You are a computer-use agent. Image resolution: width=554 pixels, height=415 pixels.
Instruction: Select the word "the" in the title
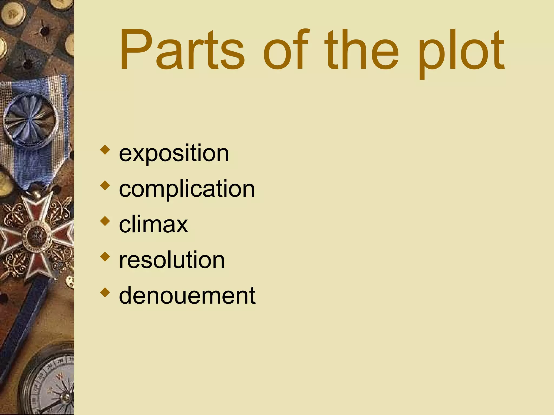tap(361, 50)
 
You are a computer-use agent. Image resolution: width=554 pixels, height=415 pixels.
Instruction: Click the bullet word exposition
tap(174, 153)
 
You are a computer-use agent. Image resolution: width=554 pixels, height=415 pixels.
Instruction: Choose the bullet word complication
tap(187, 189)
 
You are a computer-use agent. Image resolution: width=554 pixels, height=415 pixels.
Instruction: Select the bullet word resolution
tap(172, 260)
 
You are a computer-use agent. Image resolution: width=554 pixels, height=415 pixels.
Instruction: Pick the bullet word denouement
tap(187, 295)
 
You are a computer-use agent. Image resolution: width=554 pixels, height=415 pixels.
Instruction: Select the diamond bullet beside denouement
tap(105, 292)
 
